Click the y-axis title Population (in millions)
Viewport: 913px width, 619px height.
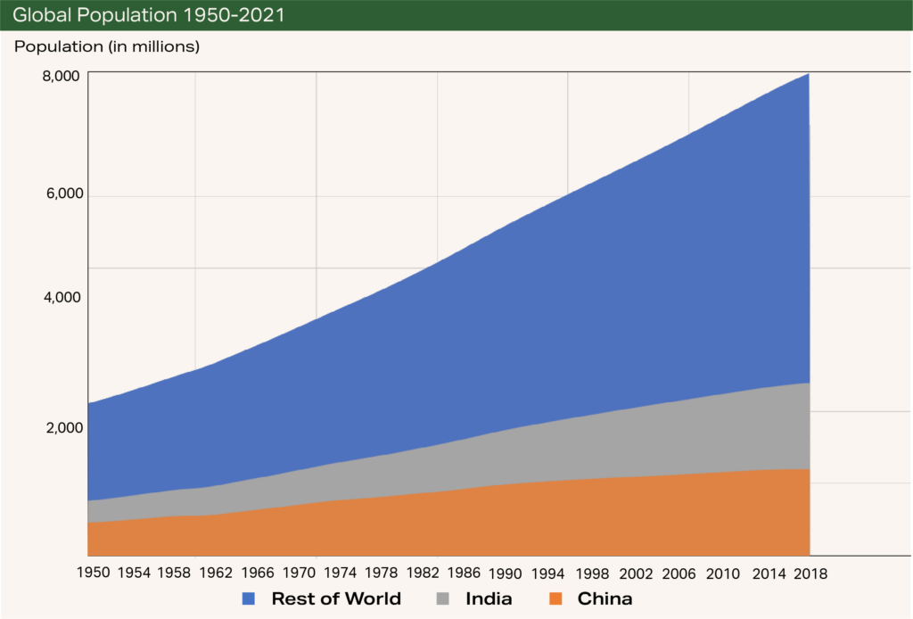tap(107, 46)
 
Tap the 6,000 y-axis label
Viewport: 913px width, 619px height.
tap(61, 194)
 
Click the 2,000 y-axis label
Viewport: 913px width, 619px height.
tap(61, 427)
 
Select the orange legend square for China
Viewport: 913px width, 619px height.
tap(555, 599)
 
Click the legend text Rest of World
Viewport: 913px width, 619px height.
tap(336, 599)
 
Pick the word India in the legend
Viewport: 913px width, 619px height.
tap(489, 599)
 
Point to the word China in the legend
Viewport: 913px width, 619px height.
tap(605, 599)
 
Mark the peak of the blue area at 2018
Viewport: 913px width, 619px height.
tap(808, 73)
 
